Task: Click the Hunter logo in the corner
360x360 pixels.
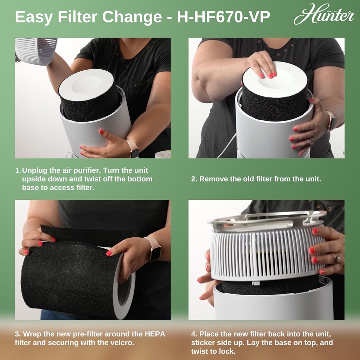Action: coord(323,15)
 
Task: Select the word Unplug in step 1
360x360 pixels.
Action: coord(34,171)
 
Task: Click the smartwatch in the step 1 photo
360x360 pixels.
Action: coord(134,148)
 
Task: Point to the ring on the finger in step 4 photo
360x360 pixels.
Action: coord(337,259)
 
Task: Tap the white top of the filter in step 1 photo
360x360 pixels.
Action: coord(86,84)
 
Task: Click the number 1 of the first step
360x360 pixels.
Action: coord(18,171)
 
